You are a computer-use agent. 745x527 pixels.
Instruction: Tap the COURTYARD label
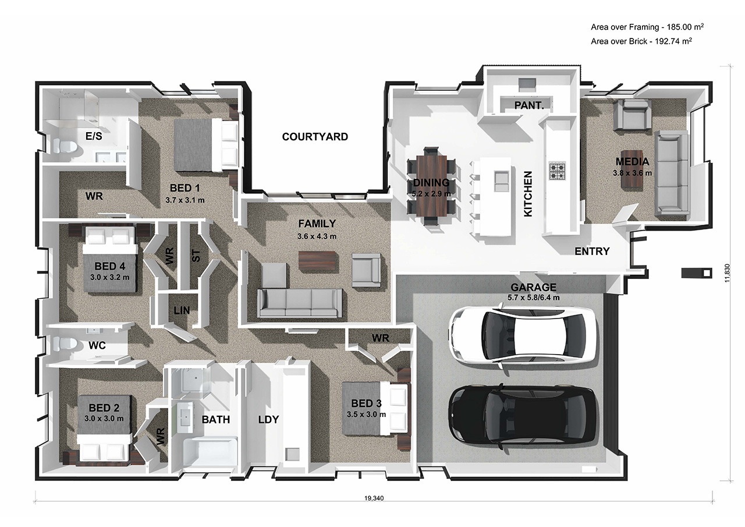[x=315, y=137]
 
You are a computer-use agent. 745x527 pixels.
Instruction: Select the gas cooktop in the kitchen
[x=557, y=171]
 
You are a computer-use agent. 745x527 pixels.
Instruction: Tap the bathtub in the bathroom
[x=210, y=453]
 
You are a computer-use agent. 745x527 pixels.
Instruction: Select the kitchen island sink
[x=502, y=181]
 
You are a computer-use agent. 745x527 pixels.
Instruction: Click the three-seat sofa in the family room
[x=300, y=303]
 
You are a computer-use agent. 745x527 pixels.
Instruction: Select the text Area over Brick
[x=619, y=41]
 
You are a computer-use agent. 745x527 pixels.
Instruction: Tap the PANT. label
[x=529, y=105]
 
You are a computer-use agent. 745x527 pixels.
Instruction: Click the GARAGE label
[x=534, y=287]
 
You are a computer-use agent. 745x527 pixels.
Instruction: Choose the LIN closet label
[x=182, y=310]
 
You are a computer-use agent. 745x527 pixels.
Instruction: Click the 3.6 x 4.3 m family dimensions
[x=317, y=236]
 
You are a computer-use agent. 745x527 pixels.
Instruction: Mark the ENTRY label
[x=592, y=251]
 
